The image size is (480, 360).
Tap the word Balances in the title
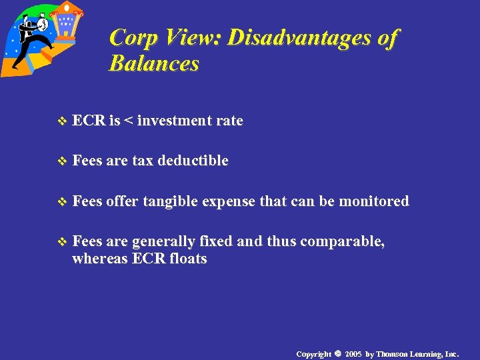click(x=153, y=64)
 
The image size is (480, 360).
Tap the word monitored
click(x=373, y=201)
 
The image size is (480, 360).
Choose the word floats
click(x=187, y=259)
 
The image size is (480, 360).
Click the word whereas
click(x=100, y=259)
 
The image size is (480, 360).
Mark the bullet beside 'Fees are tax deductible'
click(x=63, y=161)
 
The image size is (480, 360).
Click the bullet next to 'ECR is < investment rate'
click(x=63, y=121)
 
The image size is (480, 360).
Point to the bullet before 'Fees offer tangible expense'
click(x=63, y=201)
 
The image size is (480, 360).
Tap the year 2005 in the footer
click(x=354, y=354)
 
